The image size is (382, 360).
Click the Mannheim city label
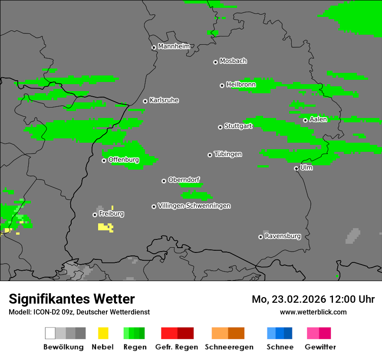click(174, 46)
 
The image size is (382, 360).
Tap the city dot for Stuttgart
click(220, 127)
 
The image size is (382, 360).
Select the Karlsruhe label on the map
click(164, 100)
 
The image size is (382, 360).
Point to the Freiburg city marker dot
click(95, 215)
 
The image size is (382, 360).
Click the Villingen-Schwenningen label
click(194, 206)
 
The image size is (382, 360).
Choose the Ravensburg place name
click(283, 236)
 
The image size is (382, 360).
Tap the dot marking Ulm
click(296, 169)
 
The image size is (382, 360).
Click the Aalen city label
click(318, 119)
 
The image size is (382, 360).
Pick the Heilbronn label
click(241, 85)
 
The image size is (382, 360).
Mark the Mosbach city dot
click(215, 62)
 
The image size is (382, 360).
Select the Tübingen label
click(228, 154)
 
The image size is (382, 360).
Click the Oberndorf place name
click(184, 180)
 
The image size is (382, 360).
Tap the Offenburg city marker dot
click(104, 160)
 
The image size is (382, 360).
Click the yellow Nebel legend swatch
click(103, 333)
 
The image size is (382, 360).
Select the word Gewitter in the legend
click(320, 347)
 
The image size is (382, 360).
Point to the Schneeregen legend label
click(229, 347)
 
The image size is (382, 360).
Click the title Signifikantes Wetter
click(72, 299)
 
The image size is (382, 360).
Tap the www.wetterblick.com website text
click(313, 312)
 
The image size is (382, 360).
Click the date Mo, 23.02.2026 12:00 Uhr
click(313, 299)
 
